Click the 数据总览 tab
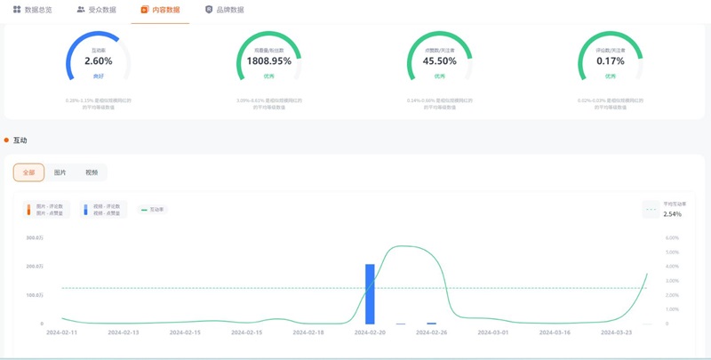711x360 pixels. [x=33, y=10]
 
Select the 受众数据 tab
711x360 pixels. [x=97, y=10]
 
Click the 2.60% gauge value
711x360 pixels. [x=99, y=61]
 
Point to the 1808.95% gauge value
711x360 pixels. [x=268, y=61]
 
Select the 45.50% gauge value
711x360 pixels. [x=439, y=61]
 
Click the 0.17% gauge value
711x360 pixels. [x=610, y=61]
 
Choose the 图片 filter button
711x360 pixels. [x=60, y=172]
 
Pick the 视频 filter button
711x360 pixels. [x=92, y=172]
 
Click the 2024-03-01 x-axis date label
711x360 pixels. [x=492, y=332]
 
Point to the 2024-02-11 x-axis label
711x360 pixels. [x=61, y=332]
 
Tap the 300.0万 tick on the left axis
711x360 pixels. [x=35, y=238]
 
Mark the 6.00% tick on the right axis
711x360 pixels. [x=673, y=238]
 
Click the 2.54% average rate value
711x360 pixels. [x=673, y=214]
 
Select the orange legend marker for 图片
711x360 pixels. [x=29, y=210]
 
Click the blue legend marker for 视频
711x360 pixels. [x=85, y=210]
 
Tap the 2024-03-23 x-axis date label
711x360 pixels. [x=616, y=332]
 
